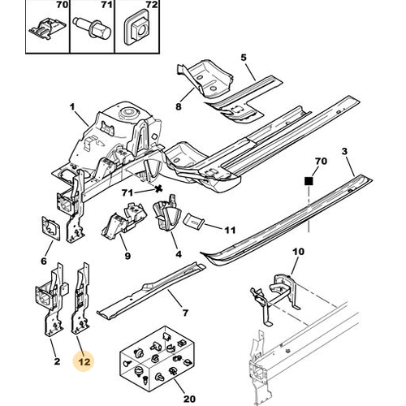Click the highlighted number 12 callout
pyautogui.click(x=84, y=361)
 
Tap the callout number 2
pyautogui.click(x=57, y=361)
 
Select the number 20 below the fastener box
pyautogui.click(x=189, y=399)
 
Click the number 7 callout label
pyautogui.click(x=185, y=313)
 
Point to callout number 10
pyautogui.click(x=299, y=252)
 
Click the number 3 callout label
pyautogui.click(x=344, y=151)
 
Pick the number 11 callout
pyautogui.click(x=230, y=230)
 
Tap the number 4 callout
pyautogui.click(x=179, y=254)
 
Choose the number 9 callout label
pyautogui.click(x=127, y=256)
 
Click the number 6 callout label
pyautogui.click(x=44, y=261)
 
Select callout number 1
pyautogui.click(x=72, y=107)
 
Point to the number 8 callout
pyautogui.click(x=178, y=106)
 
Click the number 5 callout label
pyautogui.click(x=244, y=58)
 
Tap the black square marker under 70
pyautogui.click(x=309, y=181)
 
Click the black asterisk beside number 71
pyautogui.click(x=158, y=188)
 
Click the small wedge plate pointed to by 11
pyautogui.click(x=193, y=221)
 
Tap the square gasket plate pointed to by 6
pyautogui.click(x=50, y=228)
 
